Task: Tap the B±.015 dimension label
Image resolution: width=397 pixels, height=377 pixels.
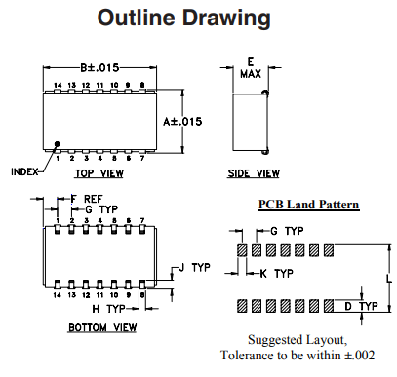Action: [x=99, y=67]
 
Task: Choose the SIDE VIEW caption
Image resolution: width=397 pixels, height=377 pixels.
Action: [x=255, y=173]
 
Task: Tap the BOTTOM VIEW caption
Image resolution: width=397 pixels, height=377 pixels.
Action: [x=101, y=327]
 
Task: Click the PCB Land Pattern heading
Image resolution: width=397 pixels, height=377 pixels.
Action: [x=308, y=205]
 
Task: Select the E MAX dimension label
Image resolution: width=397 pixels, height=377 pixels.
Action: [x=250, y=67]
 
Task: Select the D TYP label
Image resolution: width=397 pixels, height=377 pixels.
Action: [x=362, y=306]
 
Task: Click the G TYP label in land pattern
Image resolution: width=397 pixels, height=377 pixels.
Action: [x=286, y=231]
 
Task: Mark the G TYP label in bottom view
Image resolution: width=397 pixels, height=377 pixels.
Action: [x=101, y=209]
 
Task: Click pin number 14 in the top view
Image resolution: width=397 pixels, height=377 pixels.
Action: [x=58, y=87]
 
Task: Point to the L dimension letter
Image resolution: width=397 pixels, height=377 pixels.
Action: [x=388, y=278]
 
